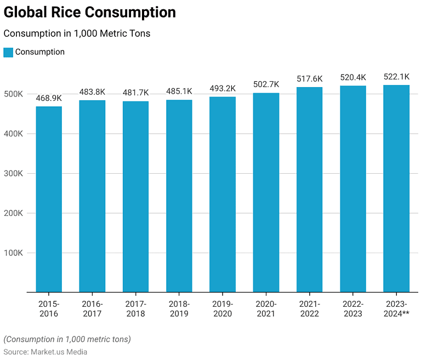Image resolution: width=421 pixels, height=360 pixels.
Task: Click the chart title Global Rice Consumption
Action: pyautogui.click(x=90, y=13)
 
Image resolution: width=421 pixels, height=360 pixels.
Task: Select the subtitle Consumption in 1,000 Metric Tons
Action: pyautogui.click(x=77, y=33)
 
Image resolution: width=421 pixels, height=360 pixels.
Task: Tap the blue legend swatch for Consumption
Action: pyautogui.click(x=8, y=52)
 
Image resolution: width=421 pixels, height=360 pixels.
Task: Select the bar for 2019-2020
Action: pyautogui.click(x=223, y=194)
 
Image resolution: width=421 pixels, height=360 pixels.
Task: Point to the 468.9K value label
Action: pyautogui.click(x=49, y=98)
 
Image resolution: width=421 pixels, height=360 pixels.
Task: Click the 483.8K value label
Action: pyautogui.click(x=92, y=92)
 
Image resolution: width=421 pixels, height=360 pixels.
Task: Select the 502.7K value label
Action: pyautogui.click(x=266, y=84)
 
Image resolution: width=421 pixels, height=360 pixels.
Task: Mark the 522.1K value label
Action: pyautogui.click(x=396, y=77)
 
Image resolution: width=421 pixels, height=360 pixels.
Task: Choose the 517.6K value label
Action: pyautogui.click(x=309, y=79)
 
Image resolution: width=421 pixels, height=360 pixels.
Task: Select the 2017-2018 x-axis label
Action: pyautogui.click(x=135, y=309)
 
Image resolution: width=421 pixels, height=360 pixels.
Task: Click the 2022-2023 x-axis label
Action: pyautogui.click(x=352, y=309)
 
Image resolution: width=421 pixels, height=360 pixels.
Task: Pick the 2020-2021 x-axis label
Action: pyautogui.click(x=266, y=309)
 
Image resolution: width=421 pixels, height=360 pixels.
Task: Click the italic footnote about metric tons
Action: pyautogui.click(x=67, y=339)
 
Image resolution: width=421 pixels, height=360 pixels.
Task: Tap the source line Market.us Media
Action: pyautogui.click(x=45, y=352)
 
